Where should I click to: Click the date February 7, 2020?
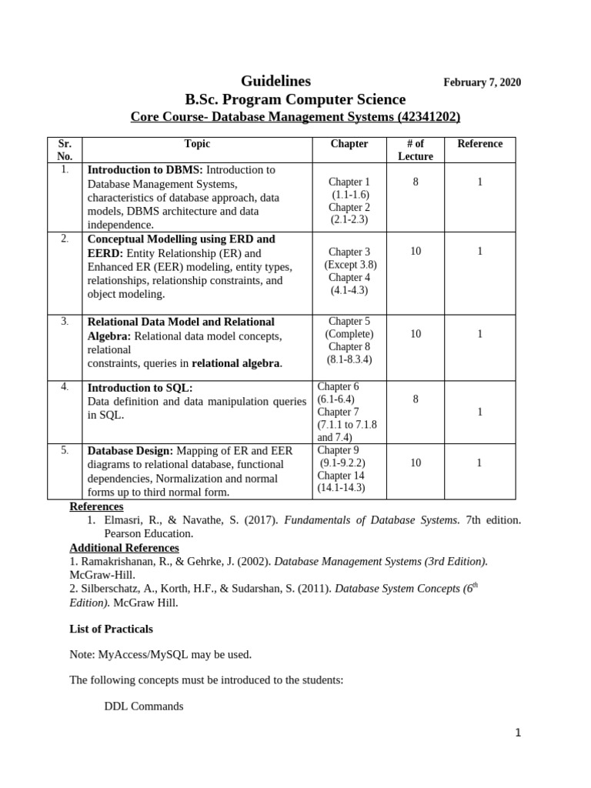pyautogui.click(x=482, y=83)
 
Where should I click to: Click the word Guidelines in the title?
pyautogui.click(x=276, y=81)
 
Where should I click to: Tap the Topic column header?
pyautogui.click(x=197, y=144)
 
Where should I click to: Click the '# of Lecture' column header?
pyautogui.click(x=416, y=150)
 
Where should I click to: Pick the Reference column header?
pyautogui.click(x=479, y=144)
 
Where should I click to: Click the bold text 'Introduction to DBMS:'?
pyautogui.click(x=145, y=169)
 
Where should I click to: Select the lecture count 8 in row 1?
pyautogui.click(x=416, y=182)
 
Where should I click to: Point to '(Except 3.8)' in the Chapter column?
pyautogui.click(x=350, y=265)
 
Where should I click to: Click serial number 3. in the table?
pyautogui.click(x=65, y=321)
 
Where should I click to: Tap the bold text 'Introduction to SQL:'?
pyautogui.click(x=140, y=388)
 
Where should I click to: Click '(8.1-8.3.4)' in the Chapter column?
pyautogui.click(x=350, y=359)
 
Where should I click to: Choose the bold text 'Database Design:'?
pyautogui.click(x=131, y=451)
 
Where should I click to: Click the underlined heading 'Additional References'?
pyautogui.click(x=124, y=548)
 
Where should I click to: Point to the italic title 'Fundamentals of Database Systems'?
pyautogui.click(x=372, y=520)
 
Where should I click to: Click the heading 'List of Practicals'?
pyautogui.click(x=111, y=629)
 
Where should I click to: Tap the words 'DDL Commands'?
pyautogui.click(x=143, y=706)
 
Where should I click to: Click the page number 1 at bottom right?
pyautogui.click(x=518, y=733)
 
